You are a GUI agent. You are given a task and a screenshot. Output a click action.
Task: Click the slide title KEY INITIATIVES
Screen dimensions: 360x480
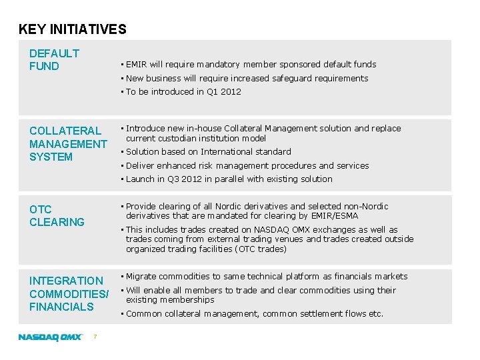pyautogui.click(x=72, y=29)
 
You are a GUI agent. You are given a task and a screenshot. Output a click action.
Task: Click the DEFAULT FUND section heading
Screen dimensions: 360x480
pyautogui.click(x=54, y=59)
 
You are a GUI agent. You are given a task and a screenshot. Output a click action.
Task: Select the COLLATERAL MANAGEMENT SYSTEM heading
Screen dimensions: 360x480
pyautogui.click(x=67, y=144)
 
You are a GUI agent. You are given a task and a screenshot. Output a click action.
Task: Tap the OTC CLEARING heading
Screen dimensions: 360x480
pyautogui.click(x=57, y=215)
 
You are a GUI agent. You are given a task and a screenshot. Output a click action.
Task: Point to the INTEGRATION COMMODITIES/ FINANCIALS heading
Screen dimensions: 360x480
pyautogui.click(x=68, y=293)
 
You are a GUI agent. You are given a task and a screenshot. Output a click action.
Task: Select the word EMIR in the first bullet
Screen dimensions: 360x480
pyautogui.click(x=136, y=65)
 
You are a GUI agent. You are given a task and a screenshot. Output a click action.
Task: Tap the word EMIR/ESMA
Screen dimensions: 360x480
pyautogui.click(x=336, y=216)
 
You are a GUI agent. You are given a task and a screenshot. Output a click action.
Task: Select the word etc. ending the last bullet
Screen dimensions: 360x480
pyautogui.click(x=376, y=314)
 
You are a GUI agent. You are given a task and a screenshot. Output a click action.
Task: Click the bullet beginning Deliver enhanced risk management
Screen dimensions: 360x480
pyautogui.click(x=247, y=166)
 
